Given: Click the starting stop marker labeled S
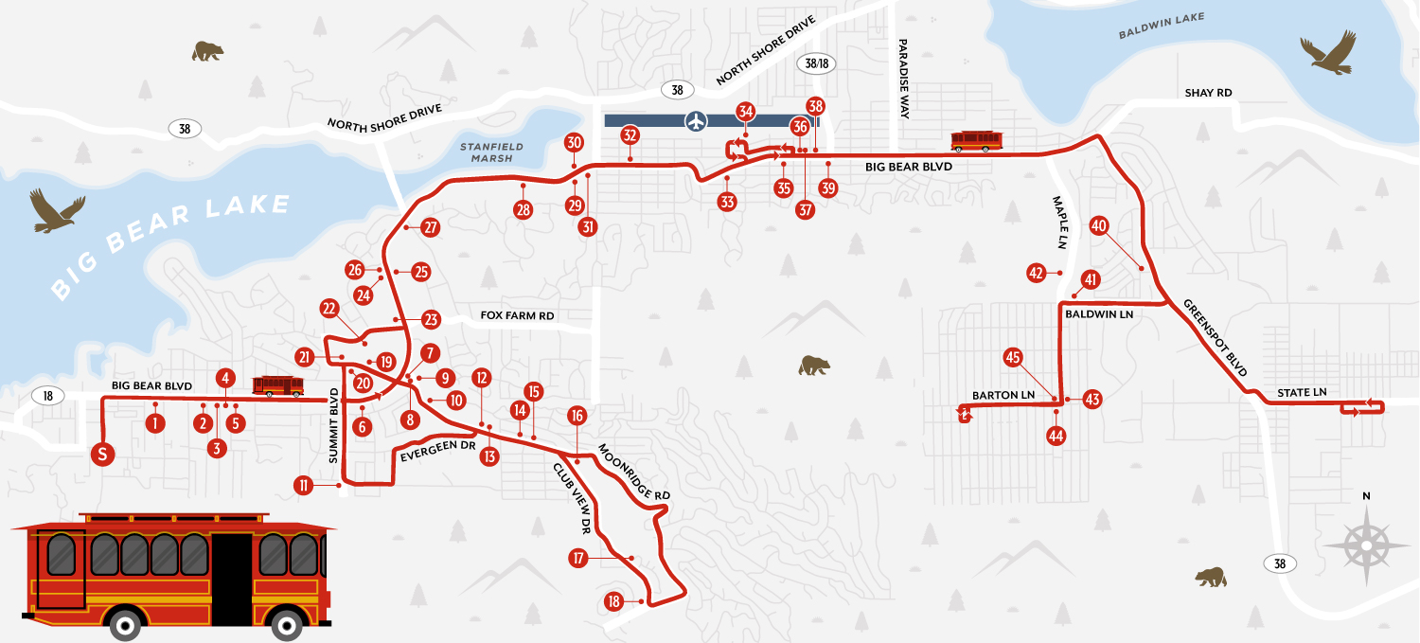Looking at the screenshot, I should [103, 455].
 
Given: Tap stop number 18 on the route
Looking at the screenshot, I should [613, 601].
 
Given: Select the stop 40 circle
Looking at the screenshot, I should [1099, 226].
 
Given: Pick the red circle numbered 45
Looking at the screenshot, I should [1013, 357].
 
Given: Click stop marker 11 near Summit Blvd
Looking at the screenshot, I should [304, 486].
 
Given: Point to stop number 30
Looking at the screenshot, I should [574, 143].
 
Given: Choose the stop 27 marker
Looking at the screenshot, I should [431, 228].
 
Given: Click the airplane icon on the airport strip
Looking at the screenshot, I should [697, 120].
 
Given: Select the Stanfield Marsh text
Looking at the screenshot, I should [486, 152].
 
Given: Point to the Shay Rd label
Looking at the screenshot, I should [1208, 93].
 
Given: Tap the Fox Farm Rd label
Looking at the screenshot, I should [517, 315].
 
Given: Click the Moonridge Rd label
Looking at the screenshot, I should [634, 471].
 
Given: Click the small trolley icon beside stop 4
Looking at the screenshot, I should [278, 385].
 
